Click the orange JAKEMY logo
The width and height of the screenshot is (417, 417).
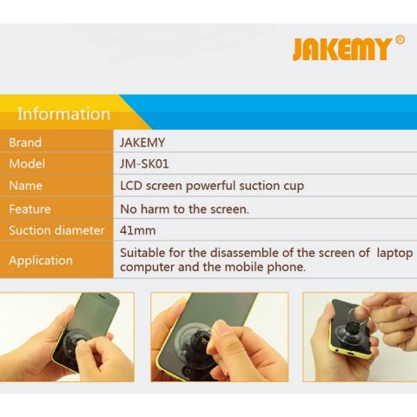(x=341, y=50)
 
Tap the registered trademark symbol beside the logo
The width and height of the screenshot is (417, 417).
(x=400, y=40)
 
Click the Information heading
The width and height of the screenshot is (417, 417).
(x=63, y=114)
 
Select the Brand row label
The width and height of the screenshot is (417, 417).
(x=25, y=142)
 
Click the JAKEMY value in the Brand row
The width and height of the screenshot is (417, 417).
(x=142, y=142)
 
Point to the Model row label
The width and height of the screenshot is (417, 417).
(x=27, y=164)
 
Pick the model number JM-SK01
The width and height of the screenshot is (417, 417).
(x=144, y=164)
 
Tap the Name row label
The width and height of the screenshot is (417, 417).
(x=25, y=186)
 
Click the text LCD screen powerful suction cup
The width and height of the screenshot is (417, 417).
(x=212, y=186)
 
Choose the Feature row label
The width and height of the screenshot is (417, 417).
(x=30, y=209)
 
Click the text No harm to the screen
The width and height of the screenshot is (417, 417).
(x=184, y=209)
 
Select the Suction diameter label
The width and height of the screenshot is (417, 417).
(x=56, y=230)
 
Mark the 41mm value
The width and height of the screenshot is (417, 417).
(x=137, y=231)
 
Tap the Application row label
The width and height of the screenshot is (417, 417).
(x=41, y=261)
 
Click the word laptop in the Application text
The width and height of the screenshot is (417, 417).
(x=394, y=254)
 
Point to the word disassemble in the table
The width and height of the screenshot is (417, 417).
(x=245, y=253)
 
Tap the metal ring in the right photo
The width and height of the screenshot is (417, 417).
(x=359, y=317)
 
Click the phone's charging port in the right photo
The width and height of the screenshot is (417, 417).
(x=350, y=353)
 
